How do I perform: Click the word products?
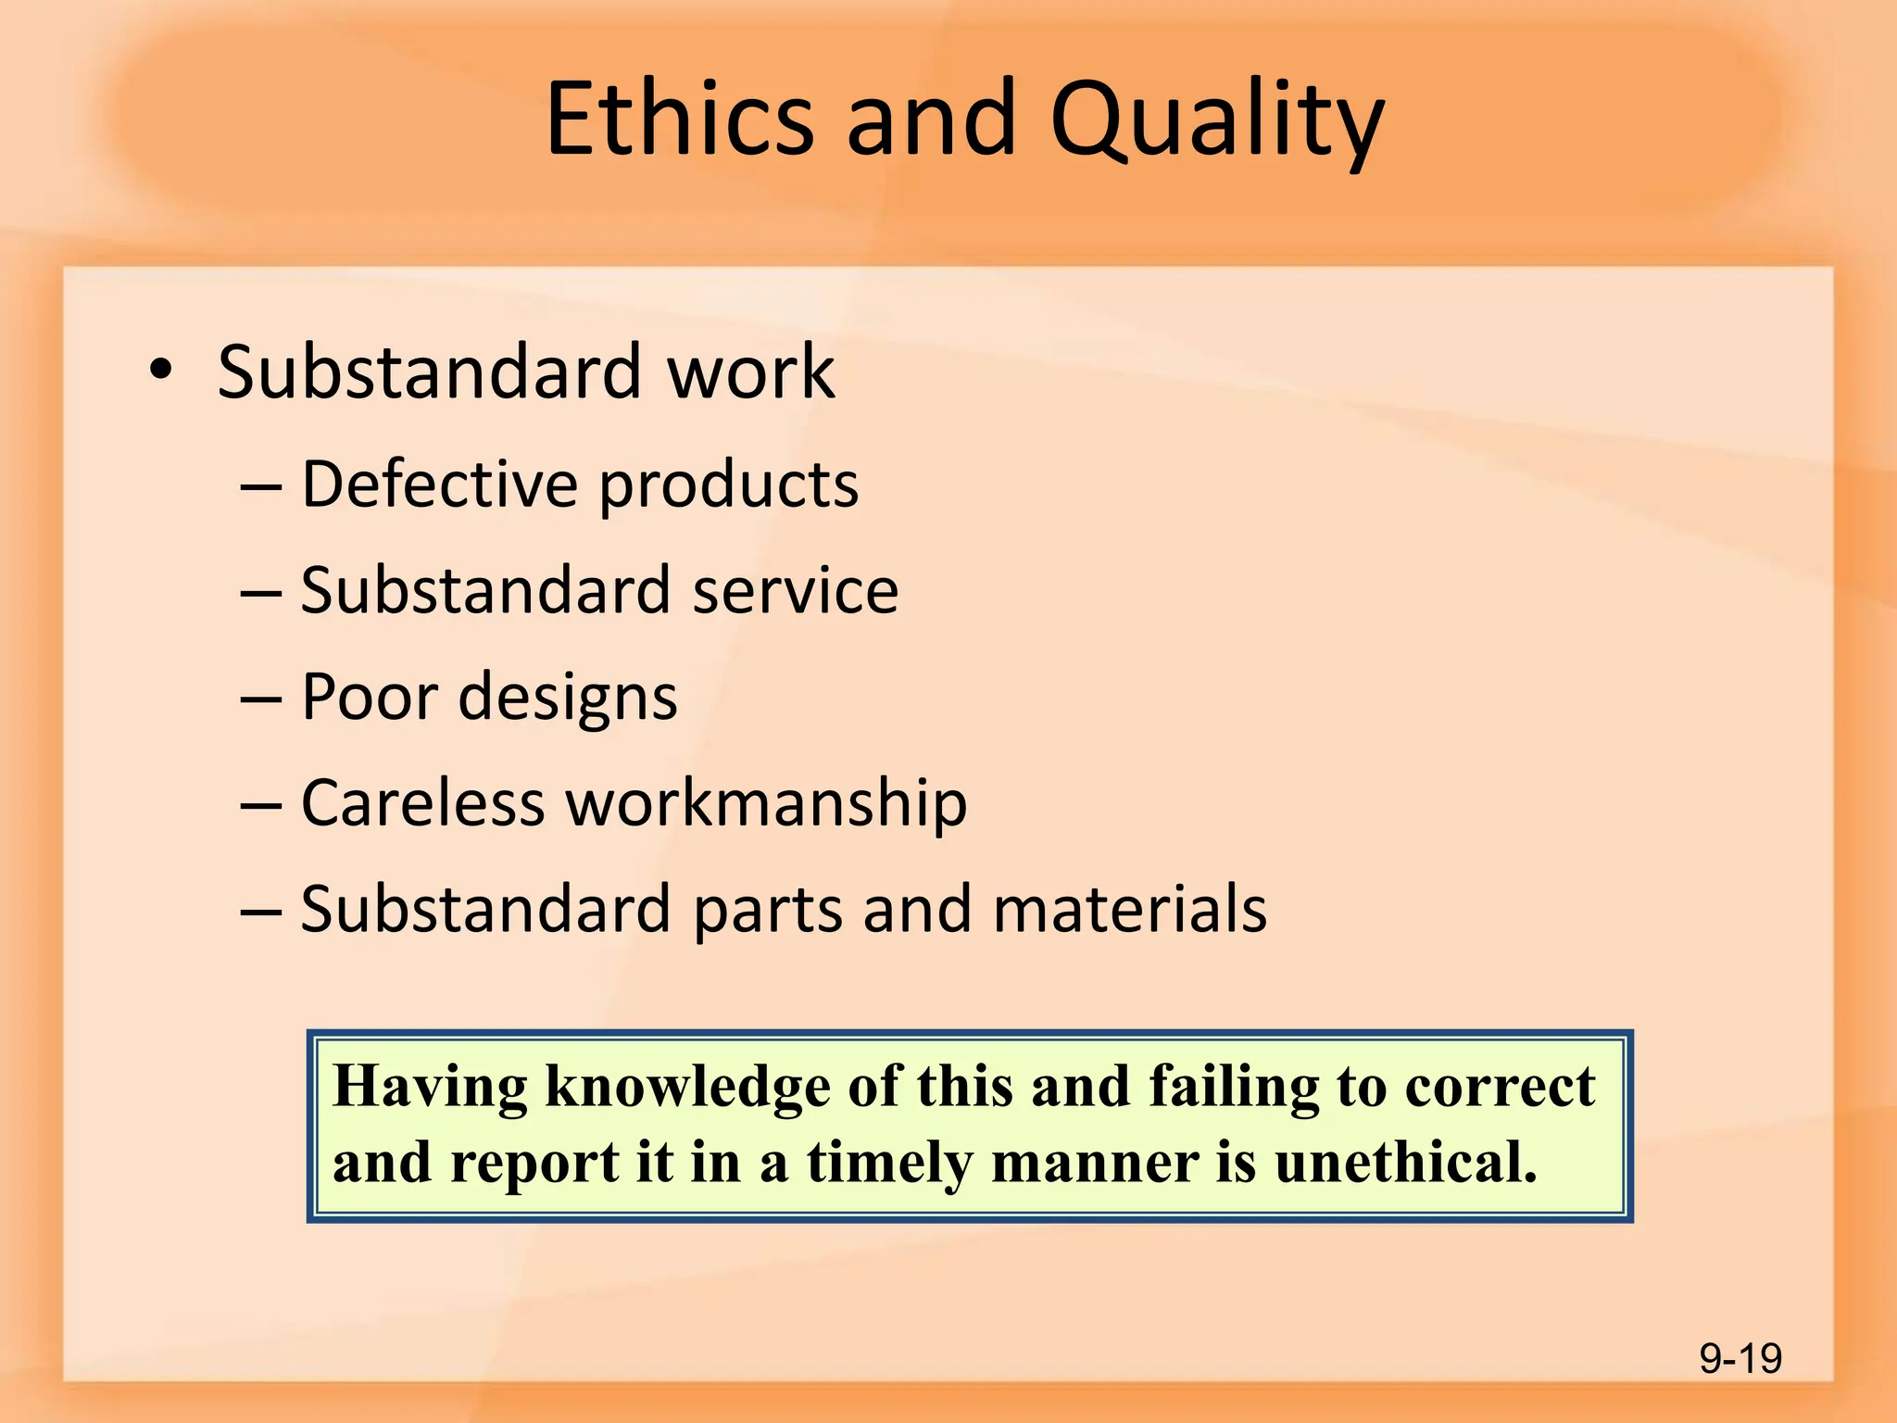coord(729,487)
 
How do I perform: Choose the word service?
coord(796,590)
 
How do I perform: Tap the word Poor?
coord(367,696)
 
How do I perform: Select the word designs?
coord(568,699)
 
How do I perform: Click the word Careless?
coord(422,802)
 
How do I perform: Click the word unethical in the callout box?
coord(1405,1162)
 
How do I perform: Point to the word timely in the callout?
coord(888,1164)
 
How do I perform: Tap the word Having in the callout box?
coord(430,1087)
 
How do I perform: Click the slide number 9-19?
coord(1740,1358)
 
